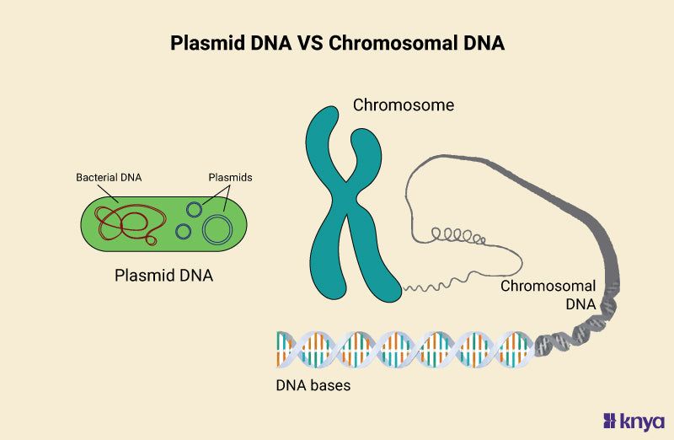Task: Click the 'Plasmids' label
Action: [230, 178]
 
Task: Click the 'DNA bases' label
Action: [313, 386]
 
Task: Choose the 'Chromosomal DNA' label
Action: [548, 295]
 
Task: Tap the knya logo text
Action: [644, 421]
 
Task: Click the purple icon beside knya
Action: [612, 421]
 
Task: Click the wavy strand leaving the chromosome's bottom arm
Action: [425, 287]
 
